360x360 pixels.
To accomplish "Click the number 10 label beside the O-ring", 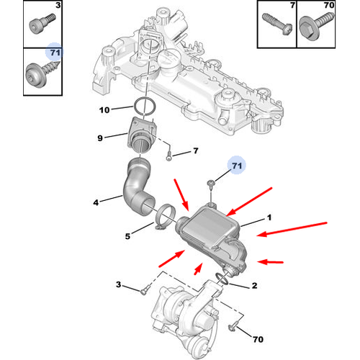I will tap(104, 110).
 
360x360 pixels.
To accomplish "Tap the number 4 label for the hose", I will tap(95, 202).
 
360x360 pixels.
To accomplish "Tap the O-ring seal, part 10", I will tap(145, 109).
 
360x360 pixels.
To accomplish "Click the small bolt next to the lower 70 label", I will tap(233, 328).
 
